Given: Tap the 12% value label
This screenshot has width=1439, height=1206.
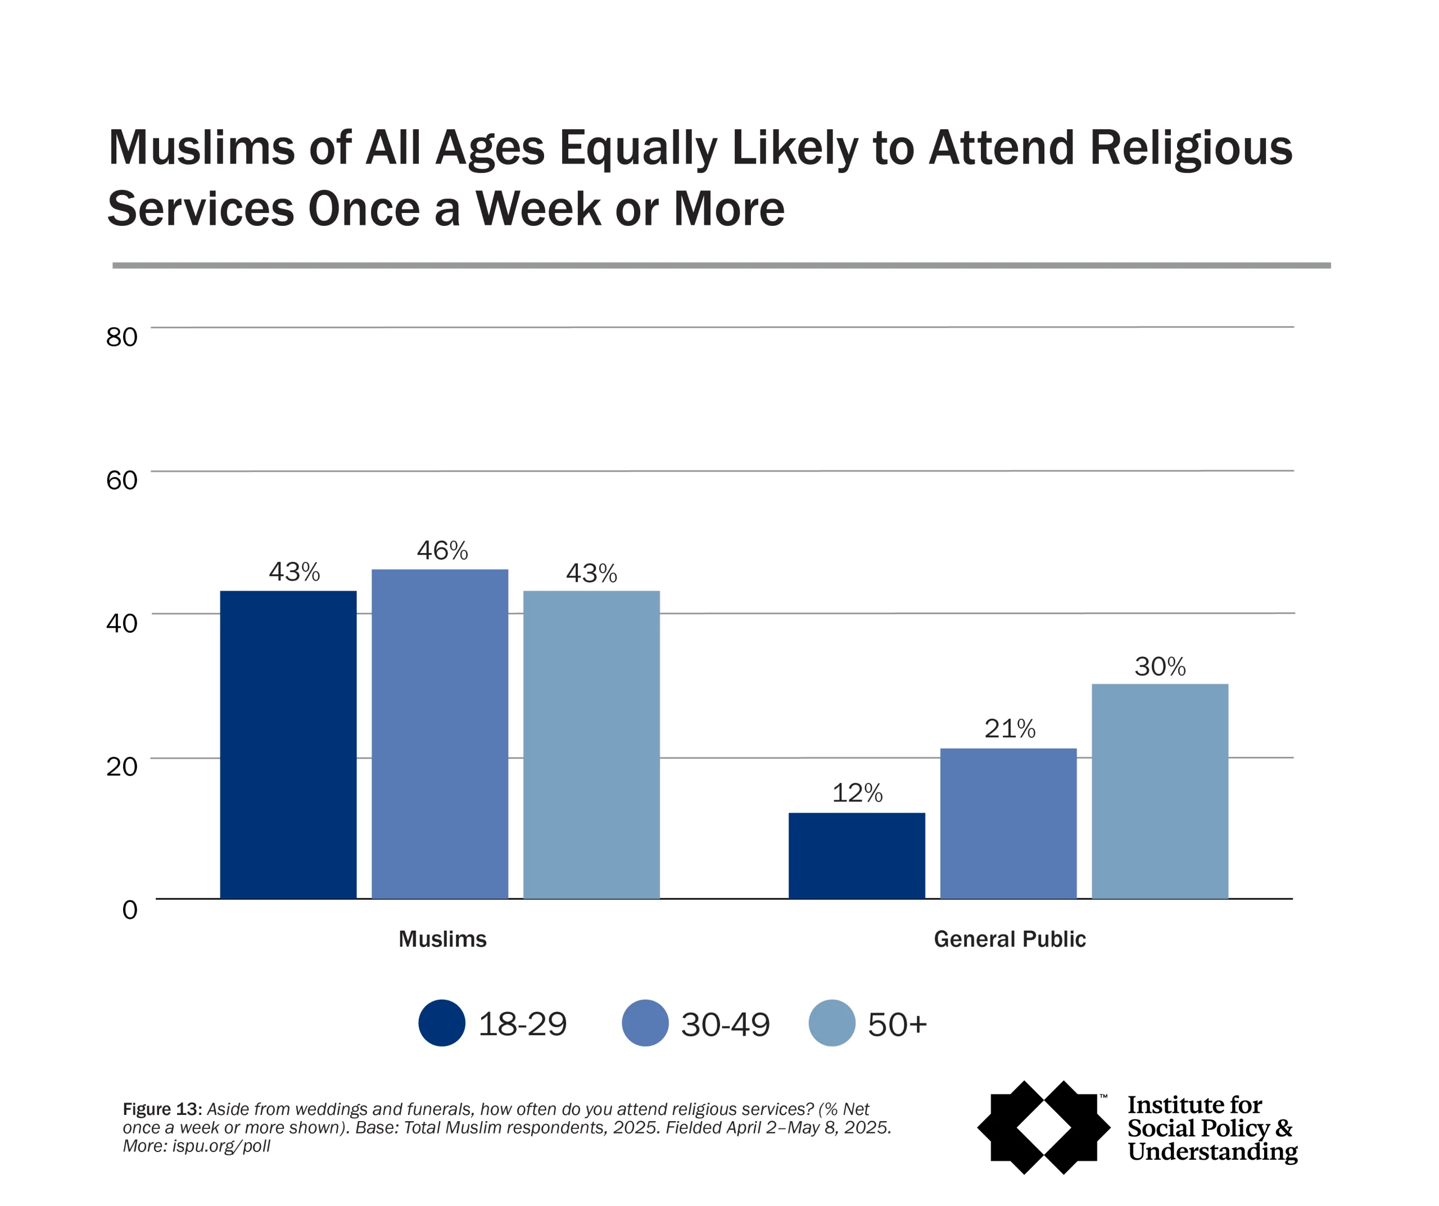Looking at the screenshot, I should pos(857,793).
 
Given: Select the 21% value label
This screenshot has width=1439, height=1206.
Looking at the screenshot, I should pos(1010,728).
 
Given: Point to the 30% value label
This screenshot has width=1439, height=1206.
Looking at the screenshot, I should pos(1160,666).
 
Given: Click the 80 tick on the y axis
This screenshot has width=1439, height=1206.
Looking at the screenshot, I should pos(121,337).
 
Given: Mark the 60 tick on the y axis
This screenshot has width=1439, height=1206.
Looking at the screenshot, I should pos(121,480).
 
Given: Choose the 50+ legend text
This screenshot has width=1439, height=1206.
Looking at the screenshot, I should pos(897,1024).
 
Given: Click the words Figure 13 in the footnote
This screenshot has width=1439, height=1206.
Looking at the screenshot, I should pos(162,1109).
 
